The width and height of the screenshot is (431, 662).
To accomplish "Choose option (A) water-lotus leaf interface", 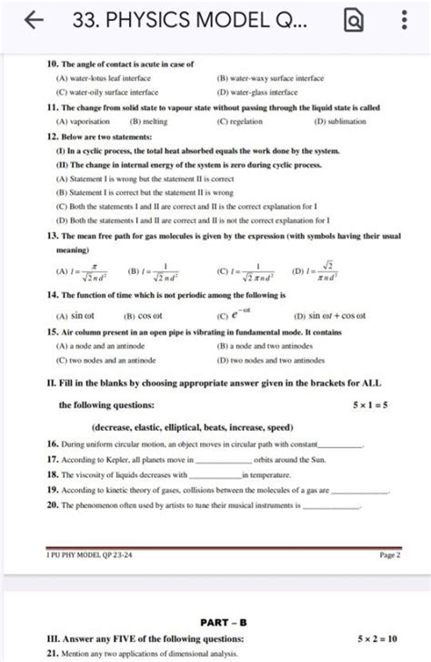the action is [x=108, y=78].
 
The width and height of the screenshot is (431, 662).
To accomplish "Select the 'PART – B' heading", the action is [x=217, y=623].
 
